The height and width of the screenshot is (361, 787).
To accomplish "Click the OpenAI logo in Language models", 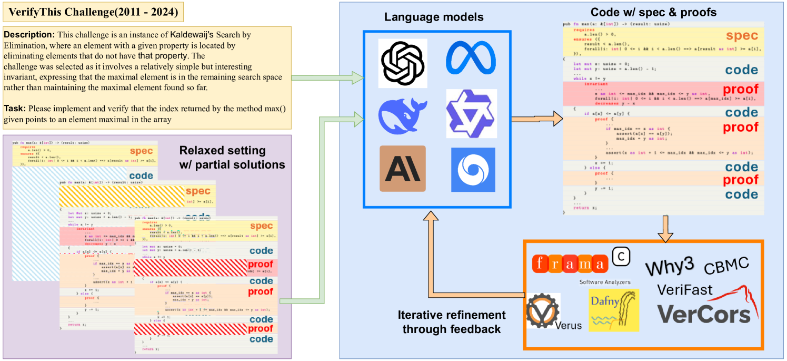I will coord(403,63).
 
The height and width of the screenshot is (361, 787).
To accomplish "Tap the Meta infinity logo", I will coord(471,58).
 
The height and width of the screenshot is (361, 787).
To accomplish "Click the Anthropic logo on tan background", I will coord(403,169).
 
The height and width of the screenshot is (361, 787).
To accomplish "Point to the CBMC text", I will coord(726,265).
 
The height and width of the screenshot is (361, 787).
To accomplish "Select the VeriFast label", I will coord(685,289).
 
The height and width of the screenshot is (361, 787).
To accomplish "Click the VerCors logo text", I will coord(704,314).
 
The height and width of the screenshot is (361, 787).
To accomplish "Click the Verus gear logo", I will coord(543,312).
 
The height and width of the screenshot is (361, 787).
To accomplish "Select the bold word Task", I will coord(15,109).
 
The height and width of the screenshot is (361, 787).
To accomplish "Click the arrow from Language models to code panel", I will coord(534,118).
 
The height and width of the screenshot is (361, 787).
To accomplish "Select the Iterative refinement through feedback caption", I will coord(451,322).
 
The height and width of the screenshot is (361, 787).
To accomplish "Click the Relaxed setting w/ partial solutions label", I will coord(232,157).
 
